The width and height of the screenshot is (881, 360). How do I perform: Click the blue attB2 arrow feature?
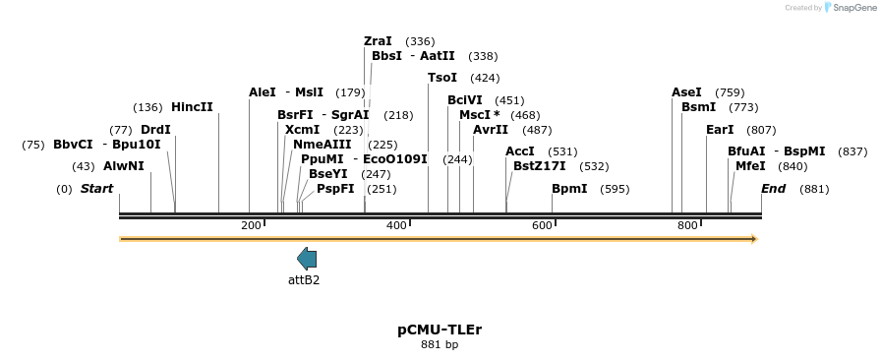point(307,259)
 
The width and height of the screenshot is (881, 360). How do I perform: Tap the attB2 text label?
point(304,280)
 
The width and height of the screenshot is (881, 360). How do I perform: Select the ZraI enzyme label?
point(378,41)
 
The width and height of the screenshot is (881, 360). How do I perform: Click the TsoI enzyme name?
point(442,78)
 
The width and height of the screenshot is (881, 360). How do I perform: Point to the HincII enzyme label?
point(192,107)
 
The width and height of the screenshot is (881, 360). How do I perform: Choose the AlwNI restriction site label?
point(123,166)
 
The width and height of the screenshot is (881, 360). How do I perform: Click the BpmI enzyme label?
point(569,189)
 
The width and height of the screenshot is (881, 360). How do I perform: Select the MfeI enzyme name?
point(750,166)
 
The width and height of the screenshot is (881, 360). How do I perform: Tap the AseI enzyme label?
point(686,92)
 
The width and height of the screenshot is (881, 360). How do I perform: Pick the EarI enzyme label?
point(720,130)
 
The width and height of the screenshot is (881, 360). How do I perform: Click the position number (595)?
point(615,189)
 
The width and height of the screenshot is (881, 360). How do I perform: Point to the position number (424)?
point(485,78)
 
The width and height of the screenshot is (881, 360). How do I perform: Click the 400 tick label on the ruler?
point(397,226)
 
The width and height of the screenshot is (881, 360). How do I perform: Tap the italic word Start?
point(96,189)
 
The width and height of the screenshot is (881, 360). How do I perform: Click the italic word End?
point(774,189)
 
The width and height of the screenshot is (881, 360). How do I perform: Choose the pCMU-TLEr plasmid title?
point(440,330)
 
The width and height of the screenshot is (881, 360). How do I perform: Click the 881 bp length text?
point(440,345)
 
